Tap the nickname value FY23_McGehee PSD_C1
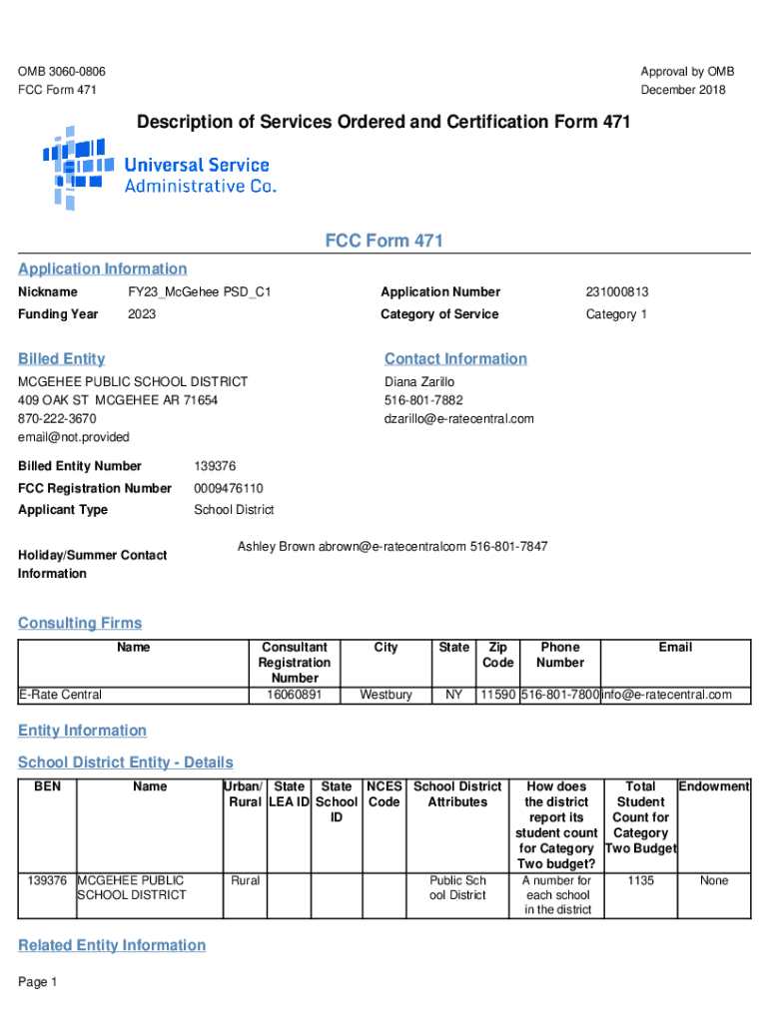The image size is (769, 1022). [199, 292]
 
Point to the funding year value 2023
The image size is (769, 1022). [142, 314]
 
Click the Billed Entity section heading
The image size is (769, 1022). [61, 359]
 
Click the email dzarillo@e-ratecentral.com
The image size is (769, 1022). [459, 419]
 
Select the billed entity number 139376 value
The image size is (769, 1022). [215, 466]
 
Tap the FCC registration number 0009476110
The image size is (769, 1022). [229, 488]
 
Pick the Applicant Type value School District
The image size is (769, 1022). [234, 510]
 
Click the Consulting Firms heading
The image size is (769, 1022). [80, 624]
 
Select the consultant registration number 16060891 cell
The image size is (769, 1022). [294, 695]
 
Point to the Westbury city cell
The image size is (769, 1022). [385, 695]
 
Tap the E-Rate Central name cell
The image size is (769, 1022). [60, 695]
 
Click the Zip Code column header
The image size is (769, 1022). [497, 655]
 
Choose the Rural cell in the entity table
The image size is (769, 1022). [245, 881]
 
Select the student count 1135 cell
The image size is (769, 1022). [640, 881]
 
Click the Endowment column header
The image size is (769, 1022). [714, 786]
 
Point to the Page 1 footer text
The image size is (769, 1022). [38, 983]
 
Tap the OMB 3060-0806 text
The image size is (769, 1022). [62, 72]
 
